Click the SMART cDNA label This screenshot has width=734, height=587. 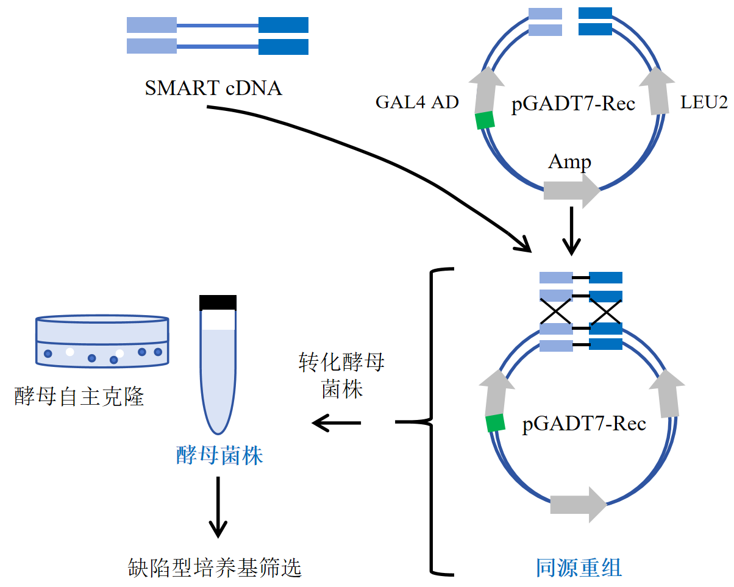pos(213,88)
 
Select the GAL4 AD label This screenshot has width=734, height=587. pos(416,102)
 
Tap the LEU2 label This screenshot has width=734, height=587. pos(704,102)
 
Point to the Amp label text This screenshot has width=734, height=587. pos(569,162)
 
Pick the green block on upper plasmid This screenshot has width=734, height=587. pos(485,120)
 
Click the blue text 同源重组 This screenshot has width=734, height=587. pos(579,567)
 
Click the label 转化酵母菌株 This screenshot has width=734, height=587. pos(341,375)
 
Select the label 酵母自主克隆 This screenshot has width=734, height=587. pos(79,397)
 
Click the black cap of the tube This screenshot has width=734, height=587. pos(218,302)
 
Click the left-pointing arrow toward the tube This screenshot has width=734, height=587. pos(336,422)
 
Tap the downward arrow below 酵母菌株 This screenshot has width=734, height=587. pos(218,507)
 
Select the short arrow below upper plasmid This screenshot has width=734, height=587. pos(571,231)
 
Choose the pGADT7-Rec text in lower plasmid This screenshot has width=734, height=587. pos(584,423)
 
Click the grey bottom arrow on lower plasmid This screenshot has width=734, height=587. pos(578,504)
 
